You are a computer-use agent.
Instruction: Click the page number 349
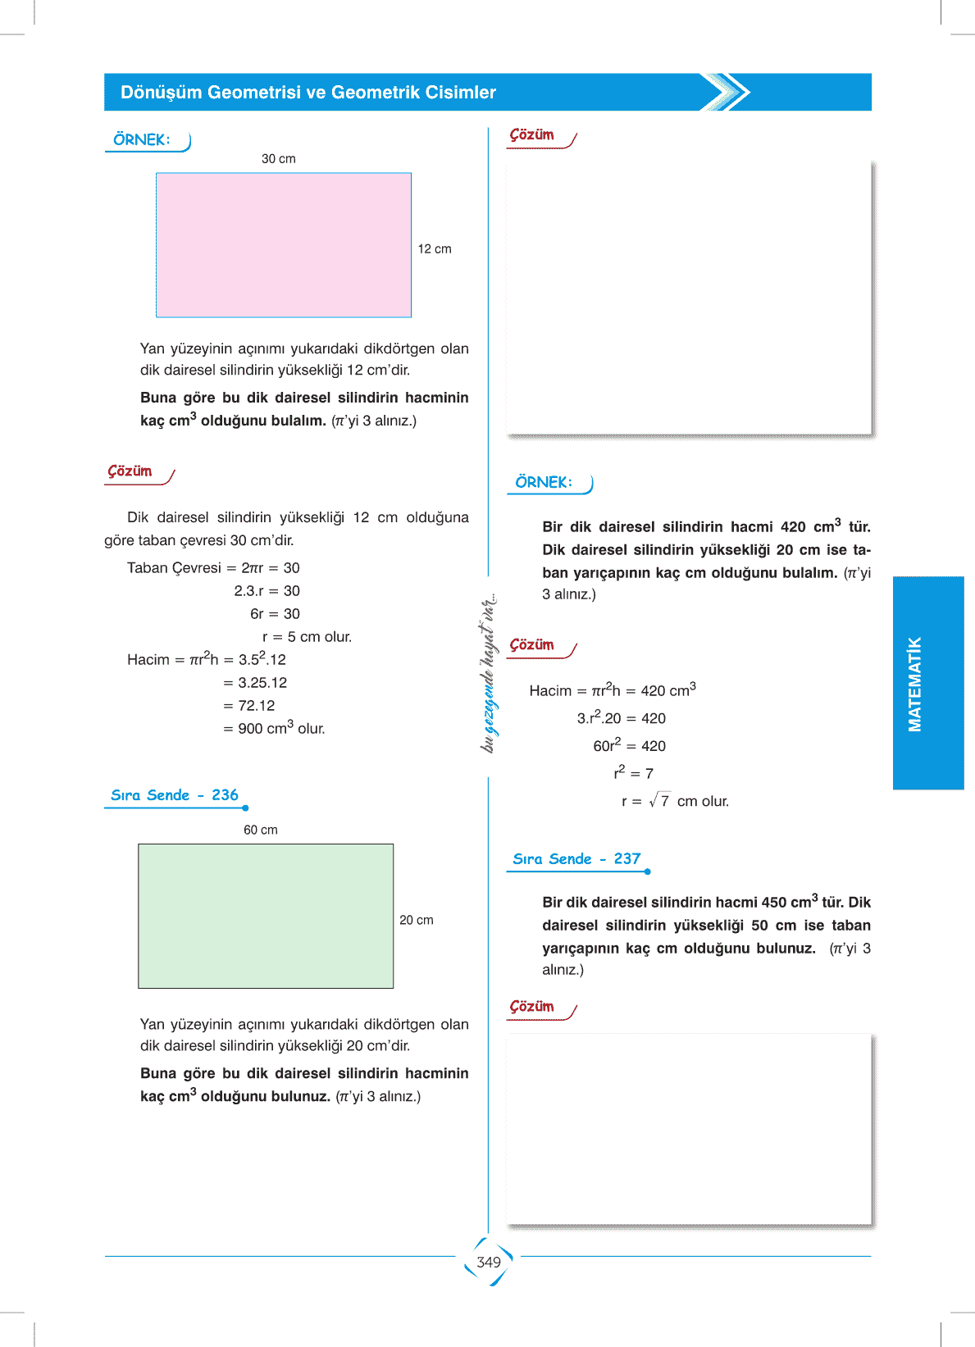coord(488,1262)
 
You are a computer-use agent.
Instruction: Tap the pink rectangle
coord(284,245)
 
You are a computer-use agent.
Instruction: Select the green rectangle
coord(266,916)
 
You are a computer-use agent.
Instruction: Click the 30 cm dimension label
coord(279,159)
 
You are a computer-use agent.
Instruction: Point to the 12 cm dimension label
coord(435,249)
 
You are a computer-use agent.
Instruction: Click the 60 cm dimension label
coord(261,830)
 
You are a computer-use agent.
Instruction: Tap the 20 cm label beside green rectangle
coord(417,921)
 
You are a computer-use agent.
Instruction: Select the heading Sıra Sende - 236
coord(175,795)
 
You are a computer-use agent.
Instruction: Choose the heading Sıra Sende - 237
coord(576,859)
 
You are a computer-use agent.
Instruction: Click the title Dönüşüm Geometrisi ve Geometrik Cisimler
coord(308,93)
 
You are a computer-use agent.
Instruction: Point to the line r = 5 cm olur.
coord(307,637)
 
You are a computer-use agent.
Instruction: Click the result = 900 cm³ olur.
coord(274,728)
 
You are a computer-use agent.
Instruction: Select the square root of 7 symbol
coord(659,801)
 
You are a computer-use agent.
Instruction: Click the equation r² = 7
coord(633,773)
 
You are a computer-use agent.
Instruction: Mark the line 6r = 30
coord(275,614)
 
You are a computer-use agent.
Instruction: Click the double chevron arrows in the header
coord(727,92)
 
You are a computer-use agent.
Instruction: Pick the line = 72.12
coord(249,706)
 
